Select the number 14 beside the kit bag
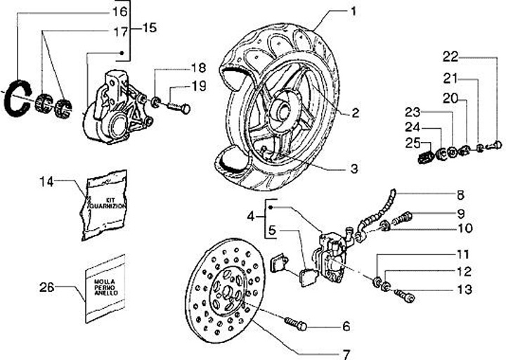tap(46, 182)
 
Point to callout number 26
tap(46, 287)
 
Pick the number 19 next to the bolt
tap(199, 86)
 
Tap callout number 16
tap(119, 11)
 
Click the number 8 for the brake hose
tap(461, 195)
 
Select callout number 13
tap(460, 289)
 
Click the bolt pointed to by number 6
tap(296, 325)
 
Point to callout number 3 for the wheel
tap(354, 169)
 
